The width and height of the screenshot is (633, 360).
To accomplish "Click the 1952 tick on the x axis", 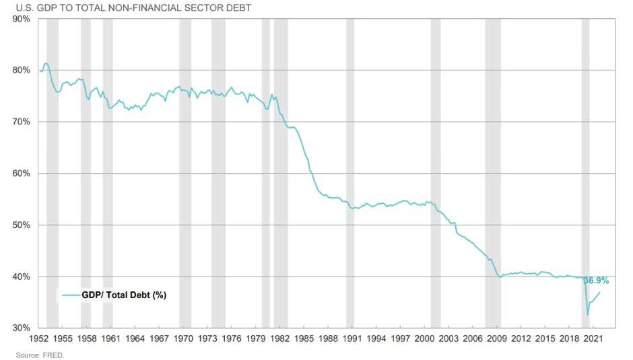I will (x=38, y=338).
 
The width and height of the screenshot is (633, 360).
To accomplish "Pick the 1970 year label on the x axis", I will (x=183, y=338).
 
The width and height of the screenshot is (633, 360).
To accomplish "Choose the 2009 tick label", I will (x=497, y=338).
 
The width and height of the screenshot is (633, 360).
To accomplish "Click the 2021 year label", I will (x=593, y=338).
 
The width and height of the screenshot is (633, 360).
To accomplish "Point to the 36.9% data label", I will (x=596, y=281).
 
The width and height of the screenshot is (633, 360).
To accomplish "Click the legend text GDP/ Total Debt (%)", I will (x=124, y=295).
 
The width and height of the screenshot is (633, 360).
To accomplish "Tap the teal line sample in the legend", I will (x=70, y=295).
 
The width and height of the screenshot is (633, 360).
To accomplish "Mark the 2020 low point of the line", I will (x=587, y=314).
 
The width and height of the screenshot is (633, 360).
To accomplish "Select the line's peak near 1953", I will (x=46, y=64).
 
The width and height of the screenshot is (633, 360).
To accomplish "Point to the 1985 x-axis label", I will (x=304, y=338).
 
